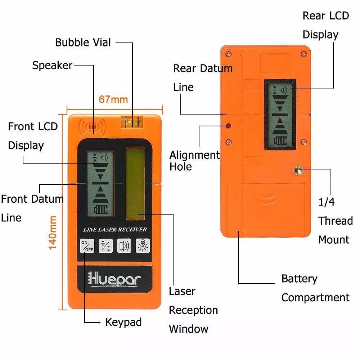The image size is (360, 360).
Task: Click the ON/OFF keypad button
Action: coord(87,246)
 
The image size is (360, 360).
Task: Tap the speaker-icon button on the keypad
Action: coord(124,246)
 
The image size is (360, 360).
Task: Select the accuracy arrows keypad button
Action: coord(105,246)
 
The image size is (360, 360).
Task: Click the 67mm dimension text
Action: coord(113,99)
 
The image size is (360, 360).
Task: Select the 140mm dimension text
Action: coord(53,232)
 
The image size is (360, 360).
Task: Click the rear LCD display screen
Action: coord(280,114)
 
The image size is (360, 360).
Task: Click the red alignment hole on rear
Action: coord(228,126)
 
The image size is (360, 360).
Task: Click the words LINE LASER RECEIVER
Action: coord(115,229)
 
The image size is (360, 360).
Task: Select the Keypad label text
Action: coord(123,322)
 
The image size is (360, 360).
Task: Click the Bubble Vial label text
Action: coord(83,42)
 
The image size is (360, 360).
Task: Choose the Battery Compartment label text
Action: coord(315,288)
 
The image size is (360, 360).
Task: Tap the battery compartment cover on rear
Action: coord(267,209)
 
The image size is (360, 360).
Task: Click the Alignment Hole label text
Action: coord(194,161)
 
